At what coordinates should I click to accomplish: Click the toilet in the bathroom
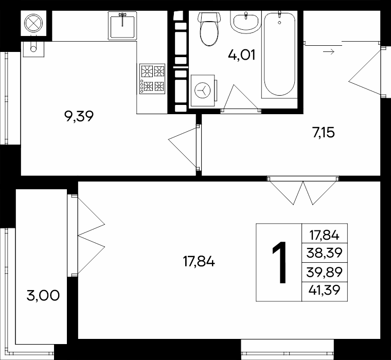(209, 29)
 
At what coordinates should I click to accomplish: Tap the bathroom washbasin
(246, 22)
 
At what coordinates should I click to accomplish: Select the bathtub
(279, 55)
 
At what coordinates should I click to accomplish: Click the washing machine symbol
(203, 90)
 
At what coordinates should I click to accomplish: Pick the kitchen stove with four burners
(152, 79)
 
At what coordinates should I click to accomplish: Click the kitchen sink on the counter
(122, 25)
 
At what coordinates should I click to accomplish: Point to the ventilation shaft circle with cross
(33, 24)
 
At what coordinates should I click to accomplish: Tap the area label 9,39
(79, 116)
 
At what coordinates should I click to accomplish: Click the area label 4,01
(242, 55)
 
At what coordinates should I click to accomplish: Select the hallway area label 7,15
(323, 132)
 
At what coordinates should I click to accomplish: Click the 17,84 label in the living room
(199, 262)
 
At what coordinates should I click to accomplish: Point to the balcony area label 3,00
(43, 296)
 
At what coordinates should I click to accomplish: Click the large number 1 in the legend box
(279, 262)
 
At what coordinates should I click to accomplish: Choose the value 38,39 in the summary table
(324, 253)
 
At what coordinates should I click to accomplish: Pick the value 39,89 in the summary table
(324, 272)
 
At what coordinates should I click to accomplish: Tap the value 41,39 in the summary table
(324, 290)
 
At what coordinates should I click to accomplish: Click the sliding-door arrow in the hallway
(329, 52)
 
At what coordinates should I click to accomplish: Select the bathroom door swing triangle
(241, 97)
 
